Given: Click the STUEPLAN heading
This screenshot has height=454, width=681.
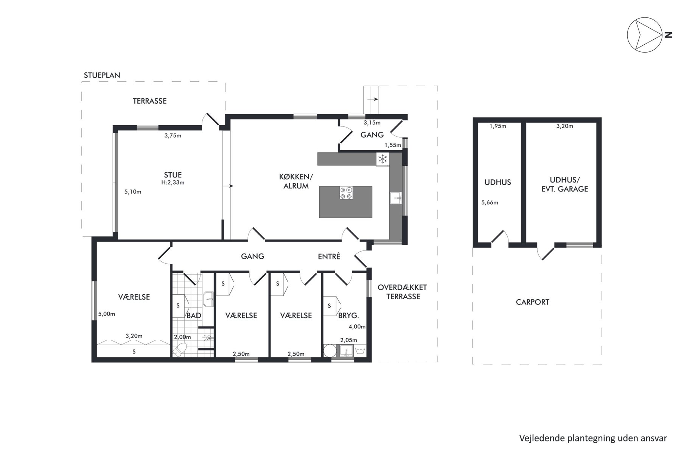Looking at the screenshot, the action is tap(102, 75).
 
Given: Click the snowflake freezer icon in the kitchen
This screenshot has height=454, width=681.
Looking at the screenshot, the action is tap(382, 159).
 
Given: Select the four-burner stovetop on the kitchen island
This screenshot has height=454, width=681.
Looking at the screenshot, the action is tap(346, 193).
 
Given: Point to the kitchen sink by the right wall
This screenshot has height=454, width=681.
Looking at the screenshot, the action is tap(396, 198).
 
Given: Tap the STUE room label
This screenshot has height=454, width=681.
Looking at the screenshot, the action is tap(173, 175).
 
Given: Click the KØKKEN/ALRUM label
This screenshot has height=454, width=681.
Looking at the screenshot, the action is tap(296, 181).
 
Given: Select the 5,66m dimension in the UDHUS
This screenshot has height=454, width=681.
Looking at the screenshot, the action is tap(490, 202).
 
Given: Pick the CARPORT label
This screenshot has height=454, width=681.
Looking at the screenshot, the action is tap(532, 302).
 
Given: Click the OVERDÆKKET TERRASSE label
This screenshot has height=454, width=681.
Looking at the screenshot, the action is tap(403, 292).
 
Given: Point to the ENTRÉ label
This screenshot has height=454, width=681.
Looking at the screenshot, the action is tap(329, 256).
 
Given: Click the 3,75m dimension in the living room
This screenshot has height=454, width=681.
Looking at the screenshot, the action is tap(173, 135).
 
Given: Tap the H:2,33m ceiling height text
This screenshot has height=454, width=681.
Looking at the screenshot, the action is tap(173, 182).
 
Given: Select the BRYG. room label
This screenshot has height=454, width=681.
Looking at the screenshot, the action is tap(348, 315).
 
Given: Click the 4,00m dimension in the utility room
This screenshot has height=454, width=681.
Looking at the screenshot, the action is tap(357, 327).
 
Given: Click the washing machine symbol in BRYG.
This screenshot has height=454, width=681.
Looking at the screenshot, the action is tap(360, 351).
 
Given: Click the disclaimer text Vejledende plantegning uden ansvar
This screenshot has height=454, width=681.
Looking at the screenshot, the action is tap(593, 438).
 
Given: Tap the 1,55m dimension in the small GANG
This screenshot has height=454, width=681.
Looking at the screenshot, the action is tap(393, 145).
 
